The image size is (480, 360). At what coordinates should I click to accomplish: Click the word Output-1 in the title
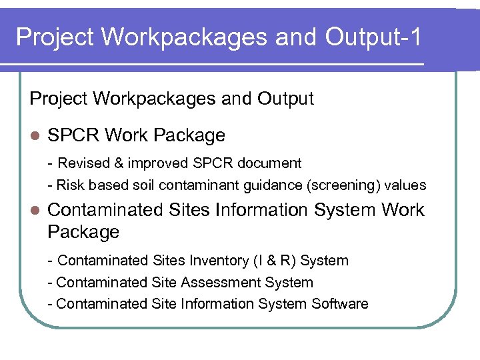[373, 37]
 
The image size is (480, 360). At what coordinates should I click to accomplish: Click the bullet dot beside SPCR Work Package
[35, 136]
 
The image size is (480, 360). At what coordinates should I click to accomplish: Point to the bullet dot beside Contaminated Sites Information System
[35, 211]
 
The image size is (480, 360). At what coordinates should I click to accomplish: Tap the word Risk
[71, 185]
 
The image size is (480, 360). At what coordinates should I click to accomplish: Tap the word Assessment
[213, 282]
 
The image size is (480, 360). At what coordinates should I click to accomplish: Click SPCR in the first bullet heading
[74, 135]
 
